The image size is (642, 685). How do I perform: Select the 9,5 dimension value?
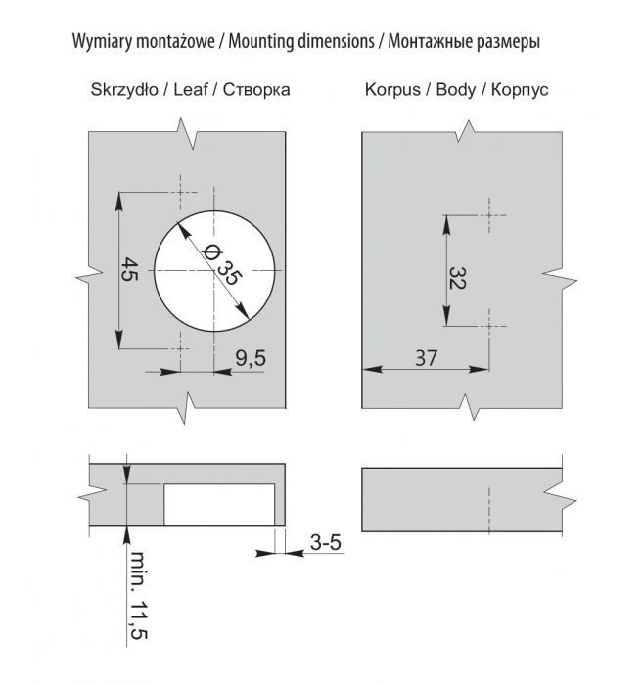click(251, 358)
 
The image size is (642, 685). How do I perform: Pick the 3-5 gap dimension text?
click(326, 541)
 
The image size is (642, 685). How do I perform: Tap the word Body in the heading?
click(455, 89)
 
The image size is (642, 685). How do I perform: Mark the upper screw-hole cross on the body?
click(488, 214)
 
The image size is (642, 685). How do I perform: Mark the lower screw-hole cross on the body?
click(488, 320)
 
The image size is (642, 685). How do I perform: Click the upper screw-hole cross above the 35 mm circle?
click(181, 192)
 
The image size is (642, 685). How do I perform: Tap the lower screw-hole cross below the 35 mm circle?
click(181, 345)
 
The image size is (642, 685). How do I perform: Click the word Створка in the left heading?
click(256, 89)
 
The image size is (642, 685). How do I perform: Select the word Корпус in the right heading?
click(518, 89)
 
